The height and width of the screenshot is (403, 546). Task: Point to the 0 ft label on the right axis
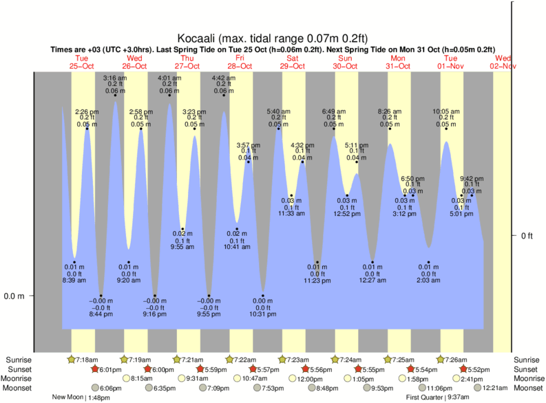pyautogui.click(x=527, y=236)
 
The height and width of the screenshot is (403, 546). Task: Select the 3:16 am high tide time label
pyautogui.click(x=115, y=78)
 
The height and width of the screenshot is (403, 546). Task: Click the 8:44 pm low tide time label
pyautogui.click(x=101, y=314)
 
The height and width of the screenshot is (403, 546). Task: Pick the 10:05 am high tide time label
pyautogui.click(x=445, y=111)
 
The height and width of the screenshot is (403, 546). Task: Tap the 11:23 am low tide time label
pyautogui.click(x=317, y=281)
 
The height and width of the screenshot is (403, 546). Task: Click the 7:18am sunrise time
pyautogui.click(x=90, y=360)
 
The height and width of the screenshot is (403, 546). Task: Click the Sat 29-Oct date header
pyautogui.click(x=292, y=62)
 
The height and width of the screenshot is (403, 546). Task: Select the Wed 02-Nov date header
pyautogui.click(x=503, y=62)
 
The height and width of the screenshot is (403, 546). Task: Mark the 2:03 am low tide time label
pyautogui.click(x=428, y=281)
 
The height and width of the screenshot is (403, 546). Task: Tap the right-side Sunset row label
pyautogui.click(x=528, y=369)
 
